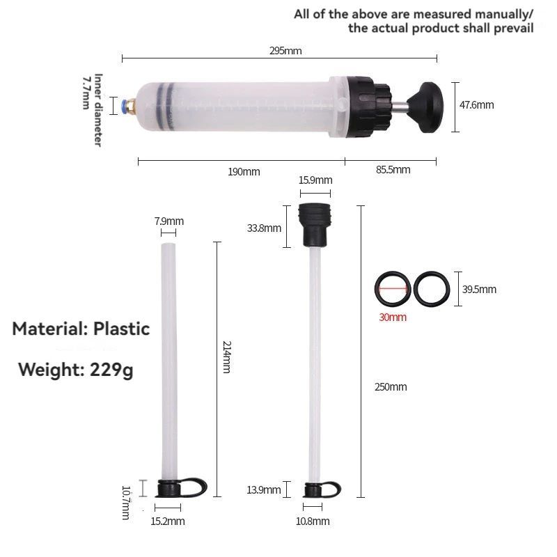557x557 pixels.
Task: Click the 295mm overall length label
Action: [285, 51]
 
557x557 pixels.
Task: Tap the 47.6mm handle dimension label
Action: [476, 105]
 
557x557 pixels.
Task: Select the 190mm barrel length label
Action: [244, 172]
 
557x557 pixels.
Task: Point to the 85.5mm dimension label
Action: [393, 170]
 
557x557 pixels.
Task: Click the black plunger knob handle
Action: [426, 107]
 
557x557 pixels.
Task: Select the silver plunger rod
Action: [399, 107]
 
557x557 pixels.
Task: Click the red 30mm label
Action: [393, 317]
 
